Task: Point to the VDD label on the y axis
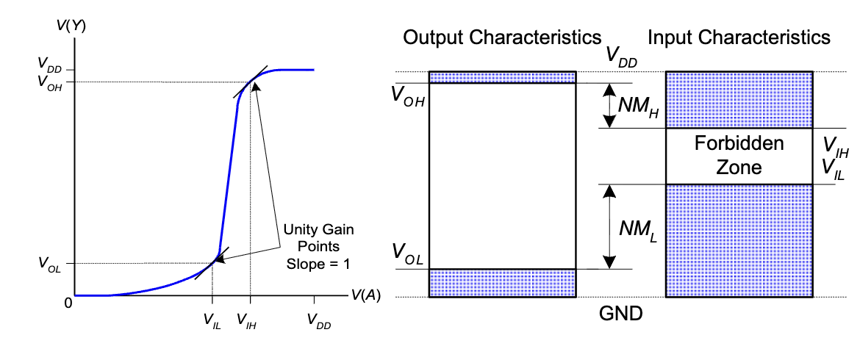(50, 64)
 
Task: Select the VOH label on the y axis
(49, 82)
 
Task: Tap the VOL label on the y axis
(49, 263)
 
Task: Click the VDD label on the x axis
(319, 320)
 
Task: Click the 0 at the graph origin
(68, 303)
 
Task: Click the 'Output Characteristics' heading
(502, 37)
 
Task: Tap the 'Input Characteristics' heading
(739, 37)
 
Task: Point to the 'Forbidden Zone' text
(739, 155)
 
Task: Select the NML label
(638, 229)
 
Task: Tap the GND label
(621, 314)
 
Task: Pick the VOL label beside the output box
(407, 253)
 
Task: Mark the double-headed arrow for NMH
(609, 105)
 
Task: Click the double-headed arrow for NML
(609, 226)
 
